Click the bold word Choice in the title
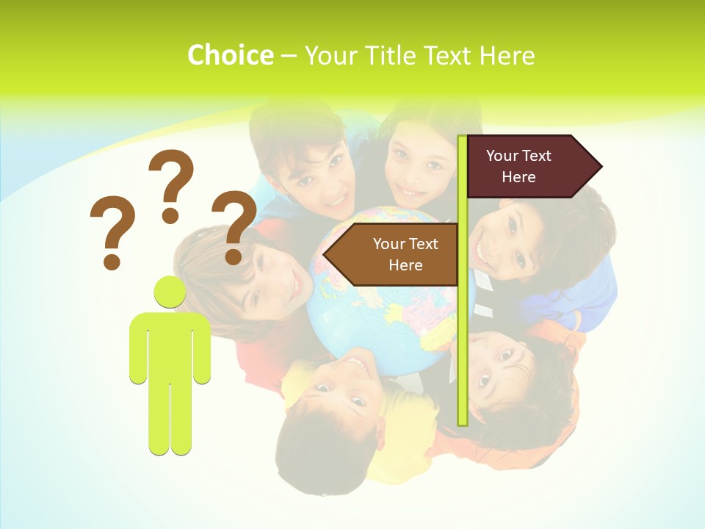tap(230, 55)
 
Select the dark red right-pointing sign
tap(525, 166)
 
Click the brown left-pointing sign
tap(397, 254)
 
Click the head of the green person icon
tap(170, 292)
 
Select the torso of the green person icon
tap(170, 345)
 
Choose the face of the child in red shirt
tap(272, 279)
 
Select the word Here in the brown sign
tap(405, 265)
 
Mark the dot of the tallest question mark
tap(170, 215)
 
